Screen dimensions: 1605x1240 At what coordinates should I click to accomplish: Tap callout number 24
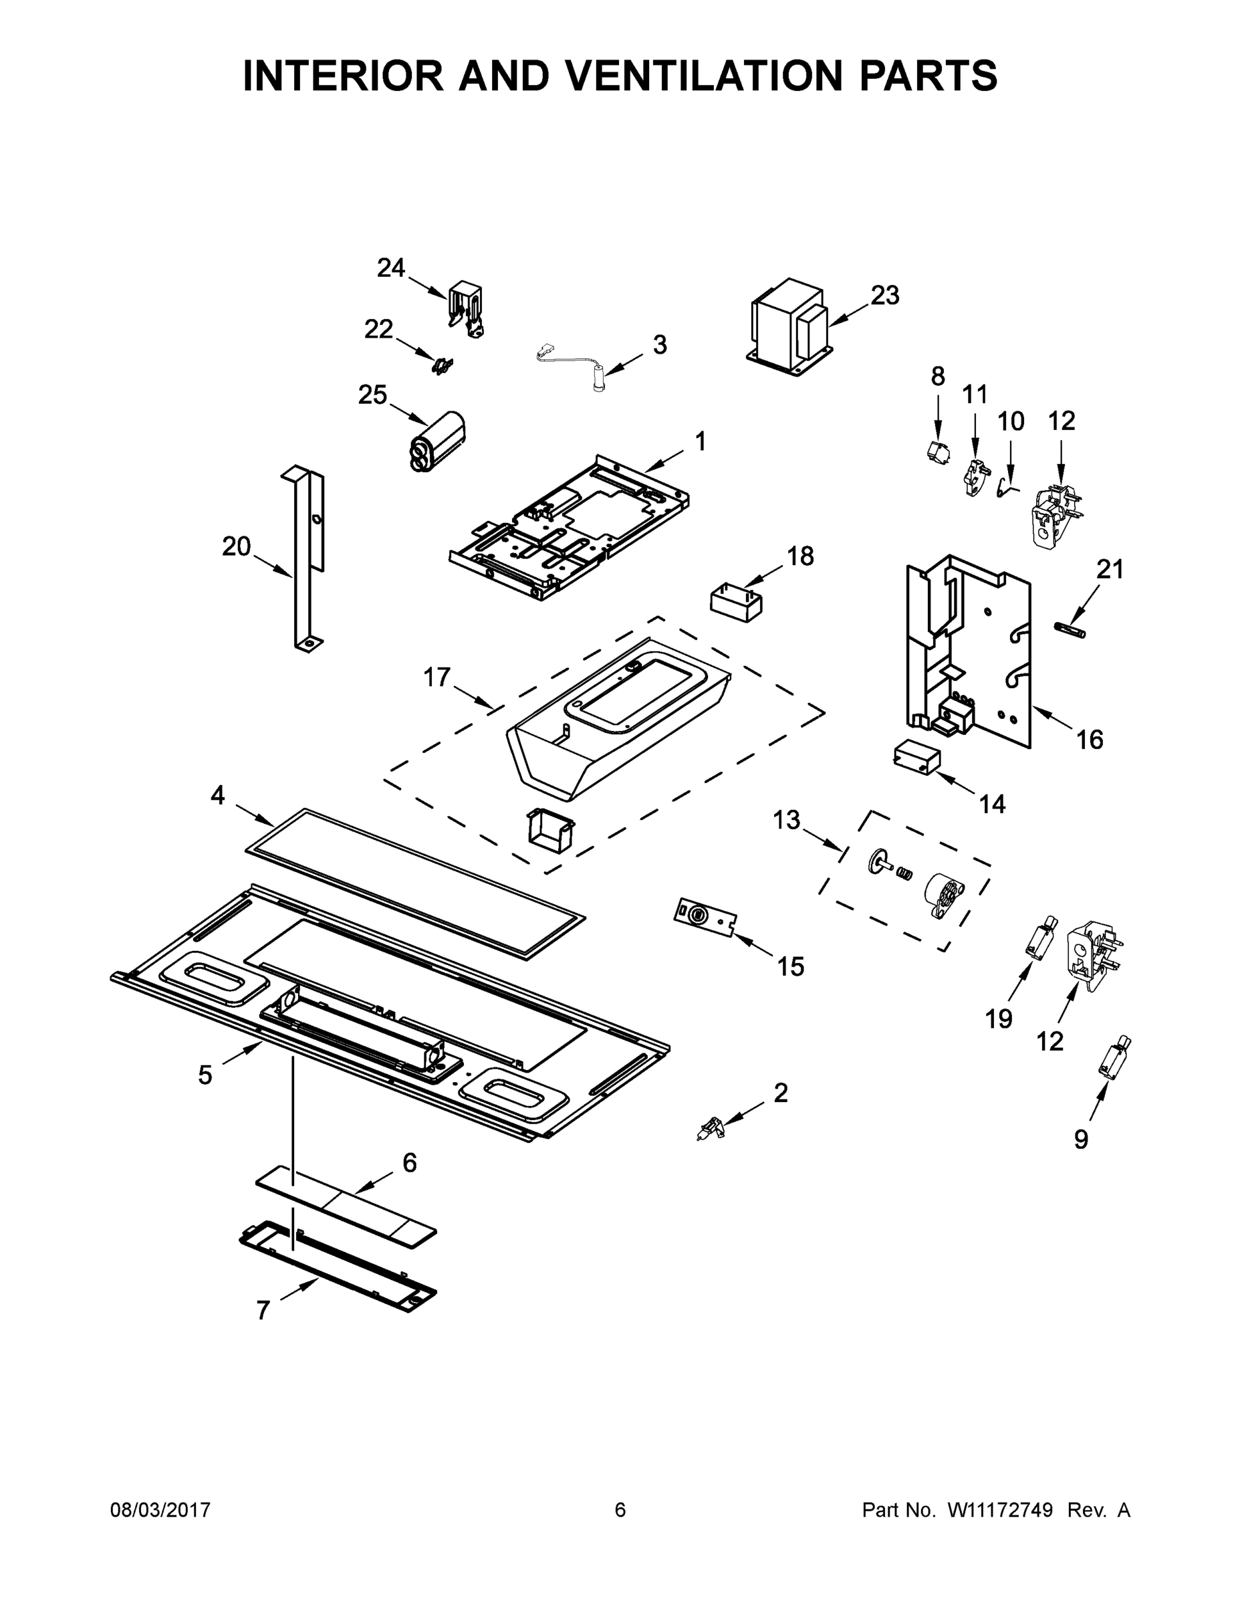pos(391,268)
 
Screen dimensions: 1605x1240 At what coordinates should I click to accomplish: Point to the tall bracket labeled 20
pos(307,558)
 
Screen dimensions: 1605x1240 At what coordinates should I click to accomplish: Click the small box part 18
pos(735,603)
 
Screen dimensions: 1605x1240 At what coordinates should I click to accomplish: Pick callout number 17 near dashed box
pos(437,677)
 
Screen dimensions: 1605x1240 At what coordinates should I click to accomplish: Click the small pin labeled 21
pos(1069,630)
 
